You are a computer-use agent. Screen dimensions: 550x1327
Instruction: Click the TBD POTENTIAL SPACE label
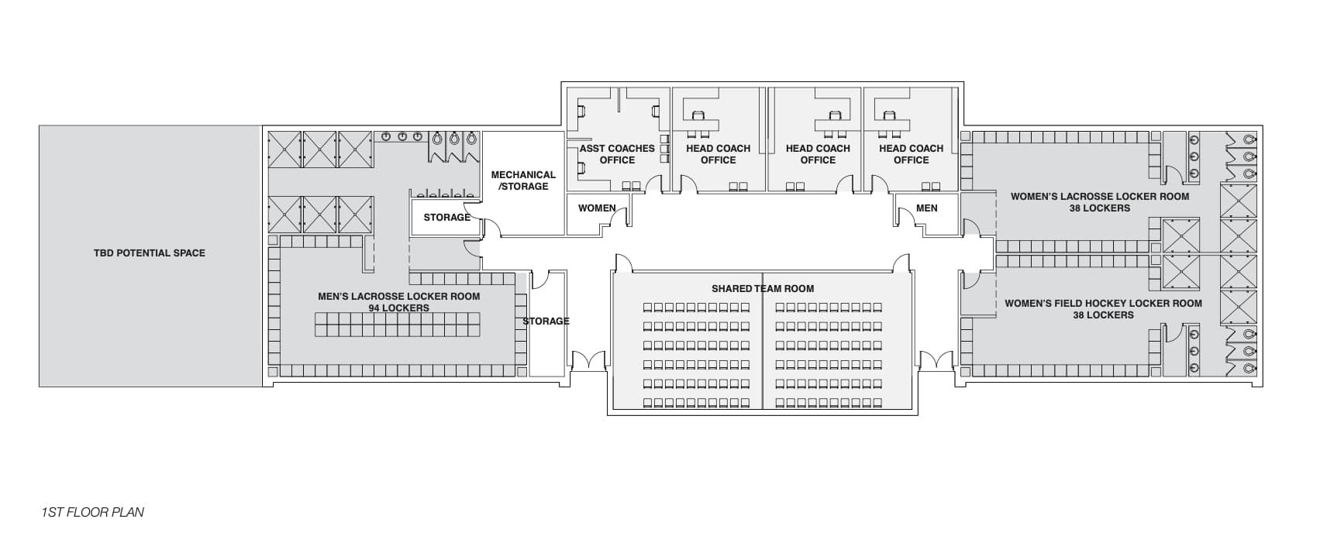pyautogui.click(x=150, y=253)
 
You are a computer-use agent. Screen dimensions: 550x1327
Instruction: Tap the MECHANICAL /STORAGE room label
pyautogui.click(x=523, y=180)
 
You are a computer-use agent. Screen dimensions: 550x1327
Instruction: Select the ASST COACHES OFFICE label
pyautogui.click(x=617, y=154)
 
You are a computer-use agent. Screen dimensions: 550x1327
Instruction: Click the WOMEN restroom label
pyautogui.click(x=597, y=208)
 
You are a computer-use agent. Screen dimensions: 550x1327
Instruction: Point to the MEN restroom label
pyautogui.click(x=926, y=208)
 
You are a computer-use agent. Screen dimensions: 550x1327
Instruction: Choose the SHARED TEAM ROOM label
pyautogui.click(x=763, y=289)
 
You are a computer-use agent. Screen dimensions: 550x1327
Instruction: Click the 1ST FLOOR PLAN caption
pyautogui.click(x=93, y=512)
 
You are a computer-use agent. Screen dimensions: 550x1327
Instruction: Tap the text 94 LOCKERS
pyautogui.click(x=398, y=308)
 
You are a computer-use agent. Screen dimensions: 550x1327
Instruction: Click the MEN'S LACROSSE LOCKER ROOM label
pyautogui.click(x=398, y=297)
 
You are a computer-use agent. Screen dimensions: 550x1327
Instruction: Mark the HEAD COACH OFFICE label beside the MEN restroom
pyautogui.click(x=911, y=154)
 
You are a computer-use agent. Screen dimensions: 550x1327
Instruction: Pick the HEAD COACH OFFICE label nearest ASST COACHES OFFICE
pyautogui.click(x=718, y=154)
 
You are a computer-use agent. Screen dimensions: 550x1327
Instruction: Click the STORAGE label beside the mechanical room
pyautogui.click(x=446, y=218)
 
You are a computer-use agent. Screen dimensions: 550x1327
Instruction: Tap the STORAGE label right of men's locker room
pyautogui.click(x=546, y=321)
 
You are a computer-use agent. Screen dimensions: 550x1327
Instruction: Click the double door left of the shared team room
pyautogui.click(x=588, y=361)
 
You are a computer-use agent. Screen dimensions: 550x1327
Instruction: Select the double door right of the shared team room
pyautogui.click(x=936, y=361)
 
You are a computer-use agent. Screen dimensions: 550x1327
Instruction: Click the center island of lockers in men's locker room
pyautogui.click(x=398, y=324)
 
